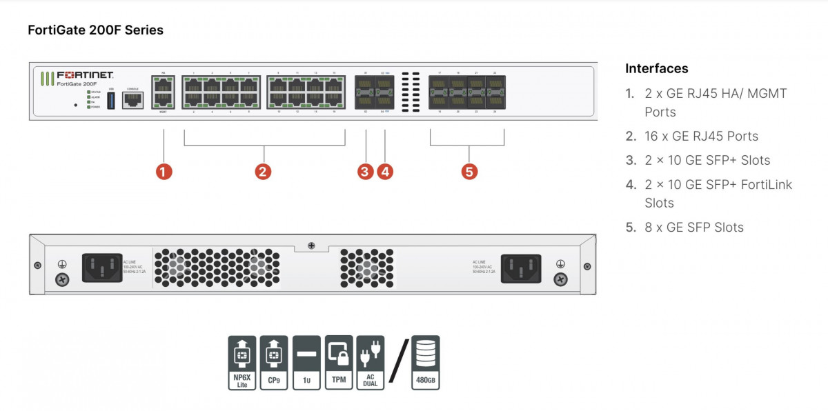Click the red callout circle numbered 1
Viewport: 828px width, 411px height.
pyautogui.click(x=164, y=172)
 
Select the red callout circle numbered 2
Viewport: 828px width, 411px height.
pyautogui.click(x=262, y=172)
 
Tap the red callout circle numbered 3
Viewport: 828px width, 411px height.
pyautogui.click(x=366, y=172)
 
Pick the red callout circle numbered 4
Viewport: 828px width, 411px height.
pyautogui.click(x=385, y=172)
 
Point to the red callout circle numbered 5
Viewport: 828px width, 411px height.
pyautogui.click(x=470, y=172)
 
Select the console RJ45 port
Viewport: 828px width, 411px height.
pyautogui.click(x=132, y=101)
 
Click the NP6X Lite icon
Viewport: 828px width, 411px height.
pyautogui.click(x=242, y=362)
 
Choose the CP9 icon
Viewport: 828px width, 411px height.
pyautogui.click(x=274, y=362)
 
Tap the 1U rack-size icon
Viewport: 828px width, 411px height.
pyautogui.click(x=306, y=362)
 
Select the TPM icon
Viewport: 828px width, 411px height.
pyautogui.click(x=339, y=362)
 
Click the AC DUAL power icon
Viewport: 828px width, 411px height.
pyautogui.click(x=371, y=362)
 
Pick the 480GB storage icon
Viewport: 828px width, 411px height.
pyautogui.click(x=425, y=362)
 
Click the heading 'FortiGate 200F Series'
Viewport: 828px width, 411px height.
pyautogui.click(x=95, y=30)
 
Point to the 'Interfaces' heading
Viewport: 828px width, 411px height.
pyautogui.click(x=656, y=68)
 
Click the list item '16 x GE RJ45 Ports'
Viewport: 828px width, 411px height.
pyautogui.click(x=701, y=136)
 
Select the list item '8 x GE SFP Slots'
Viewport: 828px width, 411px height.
pyautogui.click(x=693, y=227)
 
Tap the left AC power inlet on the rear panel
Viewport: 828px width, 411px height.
pyautogui.click(x=102, y=268)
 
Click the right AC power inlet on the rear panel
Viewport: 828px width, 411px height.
pyautogui.click(x=521, y=268)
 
